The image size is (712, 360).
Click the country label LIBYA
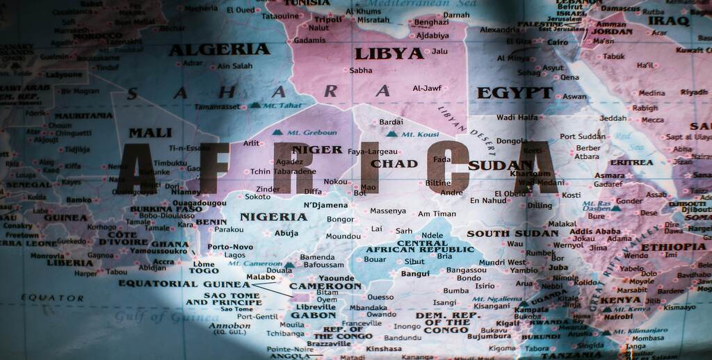389,54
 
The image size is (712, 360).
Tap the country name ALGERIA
219,49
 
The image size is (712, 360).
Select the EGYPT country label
515,92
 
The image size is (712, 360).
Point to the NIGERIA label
273,217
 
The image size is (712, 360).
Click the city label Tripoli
328,19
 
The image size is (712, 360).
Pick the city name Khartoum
530,173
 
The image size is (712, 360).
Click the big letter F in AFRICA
214,168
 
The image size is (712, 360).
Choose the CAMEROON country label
325,286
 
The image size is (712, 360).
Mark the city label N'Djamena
325,205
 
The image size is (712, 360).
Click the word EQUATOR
52,298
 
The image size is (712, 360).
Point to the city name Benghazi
431,22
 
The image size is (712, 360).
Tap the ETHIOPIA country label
672,247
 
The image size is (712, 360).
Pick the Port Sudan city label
583,137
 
